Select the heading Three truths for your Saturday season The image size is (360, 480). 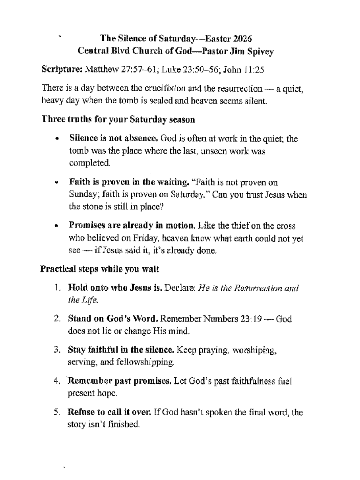[118, 119]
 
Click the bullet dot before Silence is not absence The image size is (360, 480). [57, 139]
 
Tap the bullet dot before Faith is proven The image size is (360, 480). [57, 183]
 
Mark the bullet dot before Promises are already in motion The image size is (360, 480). [57, 226]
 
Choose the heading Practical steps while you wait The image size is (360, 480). [100, 269]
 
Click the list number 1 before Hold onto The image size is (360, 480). [57, 288]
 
